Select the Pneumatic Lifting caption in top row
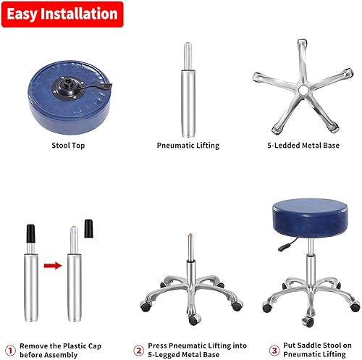(188, 146)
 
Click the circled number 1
(9, 348)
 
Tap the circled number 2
(138, 348)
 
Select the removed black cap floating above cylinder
(90, 228)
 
